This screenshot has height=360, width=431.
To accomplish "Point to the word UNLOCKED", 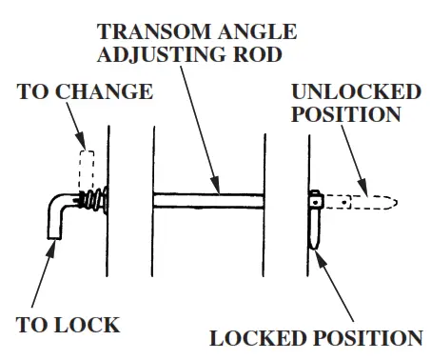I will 356,92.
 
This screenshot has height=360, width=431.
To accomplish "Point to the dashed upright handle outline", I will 87,170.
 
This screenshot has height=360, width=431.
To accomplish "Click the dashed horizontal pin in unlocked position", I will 362,202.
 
